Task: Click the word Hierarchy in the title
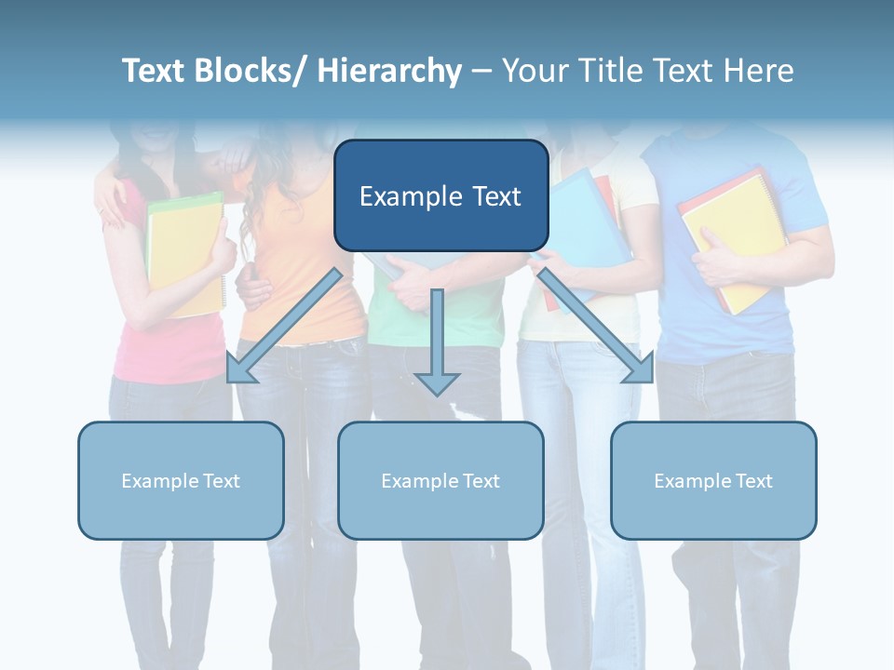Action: (388, 71)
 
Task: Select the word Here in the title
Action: (758, 71)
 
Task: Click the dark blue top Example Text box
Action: (440, 195)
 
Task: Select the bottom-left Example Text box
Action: (181, 480)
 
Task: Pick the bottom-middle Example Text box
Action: (440, 480)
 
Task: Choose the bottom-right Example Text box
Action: (713, 480)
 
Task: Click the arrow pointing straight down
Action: (437, 344)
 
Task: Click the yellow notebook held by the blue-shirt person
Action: (731, 237)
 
